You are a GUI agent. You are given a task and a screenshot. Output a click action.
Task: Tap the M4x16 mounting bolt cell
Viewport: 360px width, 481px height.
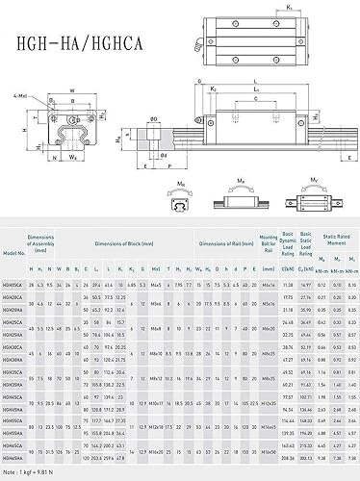(x=268, y=285)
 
